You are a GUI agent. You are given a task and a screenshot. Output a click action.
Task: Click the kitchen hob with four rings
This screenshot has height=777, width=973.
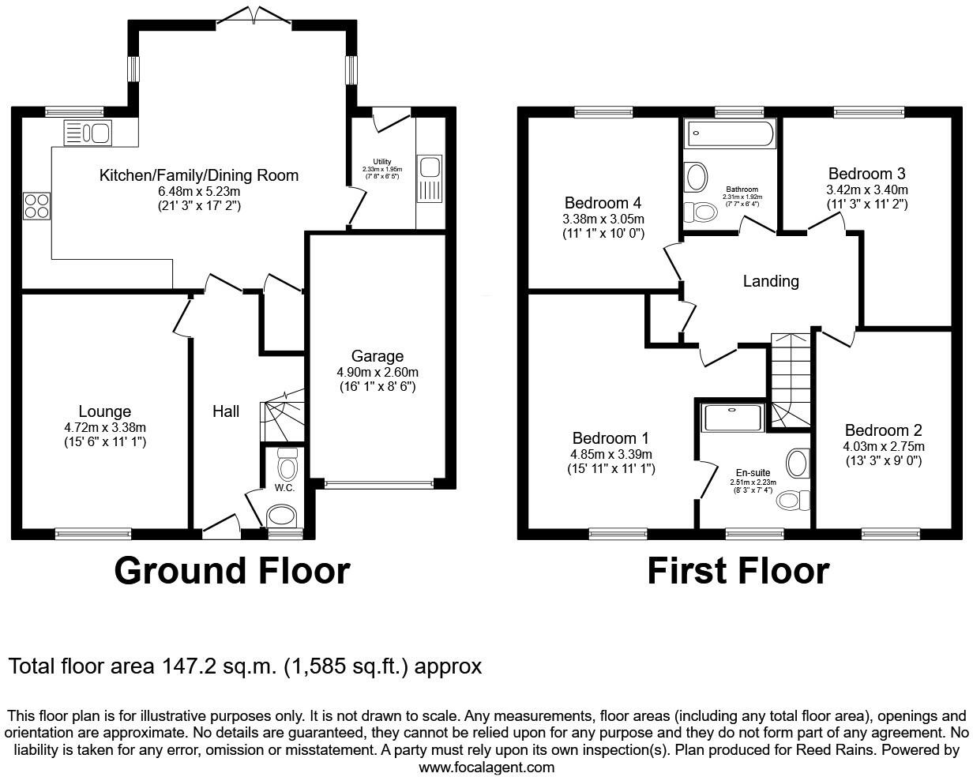click(x=36, y=206)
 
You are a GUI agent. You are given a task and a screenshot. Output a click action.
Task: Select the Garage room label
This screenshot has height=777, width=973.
click(x=378, y=356)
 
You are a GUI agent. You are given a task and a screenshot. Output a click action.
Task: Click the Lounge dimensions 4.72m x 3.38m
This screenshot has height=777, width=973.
click(x=105, y=428)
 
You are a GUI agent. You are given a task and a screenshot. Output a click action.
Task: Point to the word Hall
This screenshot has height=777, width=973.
click(x=225, y=411)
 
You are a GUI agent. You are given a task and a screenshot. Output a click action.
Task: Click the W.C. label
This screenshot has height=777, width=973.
click(x=284, y=488)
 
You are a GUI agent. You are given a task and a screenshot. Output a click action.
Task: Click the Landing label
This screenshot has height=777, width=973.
click(x=771, y=281)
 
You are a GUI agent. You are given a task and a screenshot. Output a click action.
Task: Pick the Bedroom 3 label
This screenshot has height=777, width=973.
click(x=866, y=174)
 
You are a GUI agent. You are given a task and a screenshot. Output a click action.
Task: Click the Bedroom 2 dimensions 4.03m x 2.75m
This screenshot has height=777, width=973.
click(x=883, y=446)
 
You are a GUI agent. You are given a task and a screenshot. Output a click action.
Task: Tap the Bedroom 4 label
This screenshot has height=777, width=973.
click(x=603, y=202)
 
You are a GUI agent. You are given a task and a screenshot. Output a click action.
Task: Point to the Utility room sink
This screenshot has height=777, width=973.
click(x=431, y=167)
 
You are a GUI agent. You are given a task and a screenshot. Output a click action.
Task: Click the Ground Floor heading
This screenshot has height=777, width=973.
click(x=231, y=571)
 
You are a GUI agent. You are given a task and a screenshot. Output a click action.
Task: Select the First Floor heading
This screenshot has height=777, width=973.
click(x=738, y=571)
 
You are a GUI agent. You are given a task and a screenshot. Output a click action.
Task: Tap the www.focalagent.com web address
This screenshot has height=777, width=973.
click(x=486, y=767)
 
